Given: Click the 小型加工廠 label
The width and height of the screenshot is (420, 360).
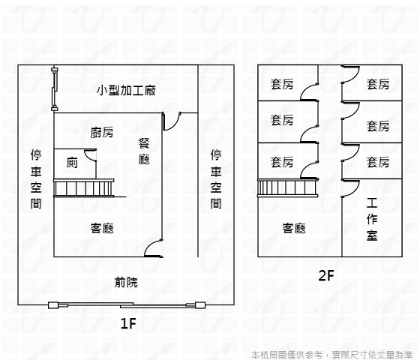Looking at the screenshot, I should (x=126, y=91).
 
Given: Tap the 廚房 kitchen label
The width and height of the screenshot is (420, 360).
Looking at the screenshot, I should (x=102, y=133).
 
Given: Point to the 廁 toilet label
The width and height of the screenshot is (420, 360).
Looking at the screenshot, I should (x=72, y=162).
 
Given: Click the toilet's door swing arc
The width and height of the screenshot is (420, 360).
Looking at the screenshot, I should (x=89, y=155).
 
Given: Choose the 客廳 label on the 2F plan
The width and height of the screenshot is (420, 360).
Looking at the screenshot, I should (x=294, y=228).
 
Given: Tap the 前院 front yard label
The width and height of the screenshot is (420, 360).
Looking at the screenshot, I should (x=126, y=283).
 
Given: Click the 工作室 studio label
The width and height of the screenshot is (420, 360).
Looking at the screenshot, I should (x=372, y=218).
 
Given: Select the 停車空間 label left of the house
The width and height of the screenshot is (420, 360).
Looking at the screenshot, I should (x=36, y=178).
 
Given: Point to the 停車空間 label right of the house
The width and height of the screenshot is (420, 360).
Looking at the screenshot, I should (x=216, y=178).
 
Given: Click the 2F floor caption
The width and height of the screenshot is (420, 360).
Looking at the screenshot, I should (x=325, y=275).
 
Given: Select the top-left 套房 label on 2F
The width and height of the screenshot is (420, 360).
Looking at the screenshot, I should (x=282, y=85).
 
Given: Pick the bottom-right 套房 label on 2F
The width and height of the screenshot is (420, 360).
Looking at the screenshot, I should (x=378, y=161).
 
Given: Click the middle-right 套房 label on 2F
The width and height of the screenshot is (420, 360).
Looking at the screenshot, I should (x=378, y=125).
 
